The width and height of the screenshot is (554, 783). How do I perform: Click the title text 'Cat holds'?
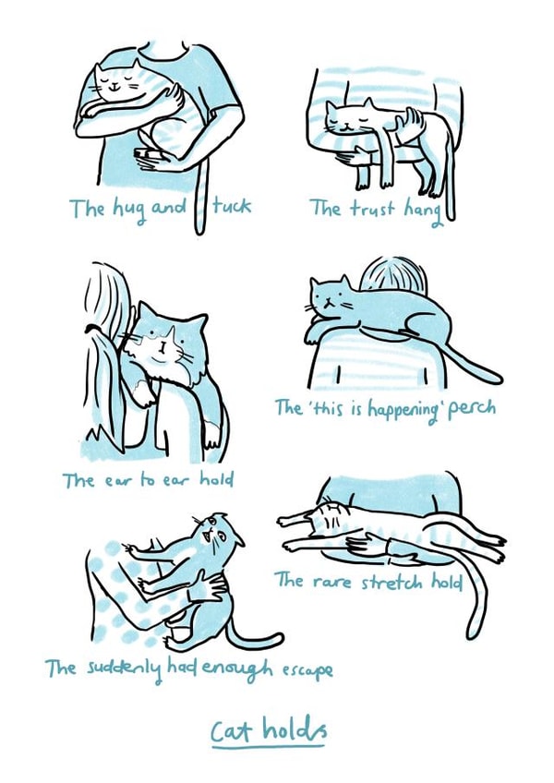(268, 729)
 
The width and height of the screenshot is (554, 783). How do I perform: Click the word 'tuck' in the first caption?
(230, 207)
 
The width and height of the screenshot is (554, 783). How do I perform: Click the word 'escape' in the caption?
(304, 668)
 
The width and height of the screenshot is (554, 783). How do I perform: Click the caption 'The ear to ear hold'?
(148, 479)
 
